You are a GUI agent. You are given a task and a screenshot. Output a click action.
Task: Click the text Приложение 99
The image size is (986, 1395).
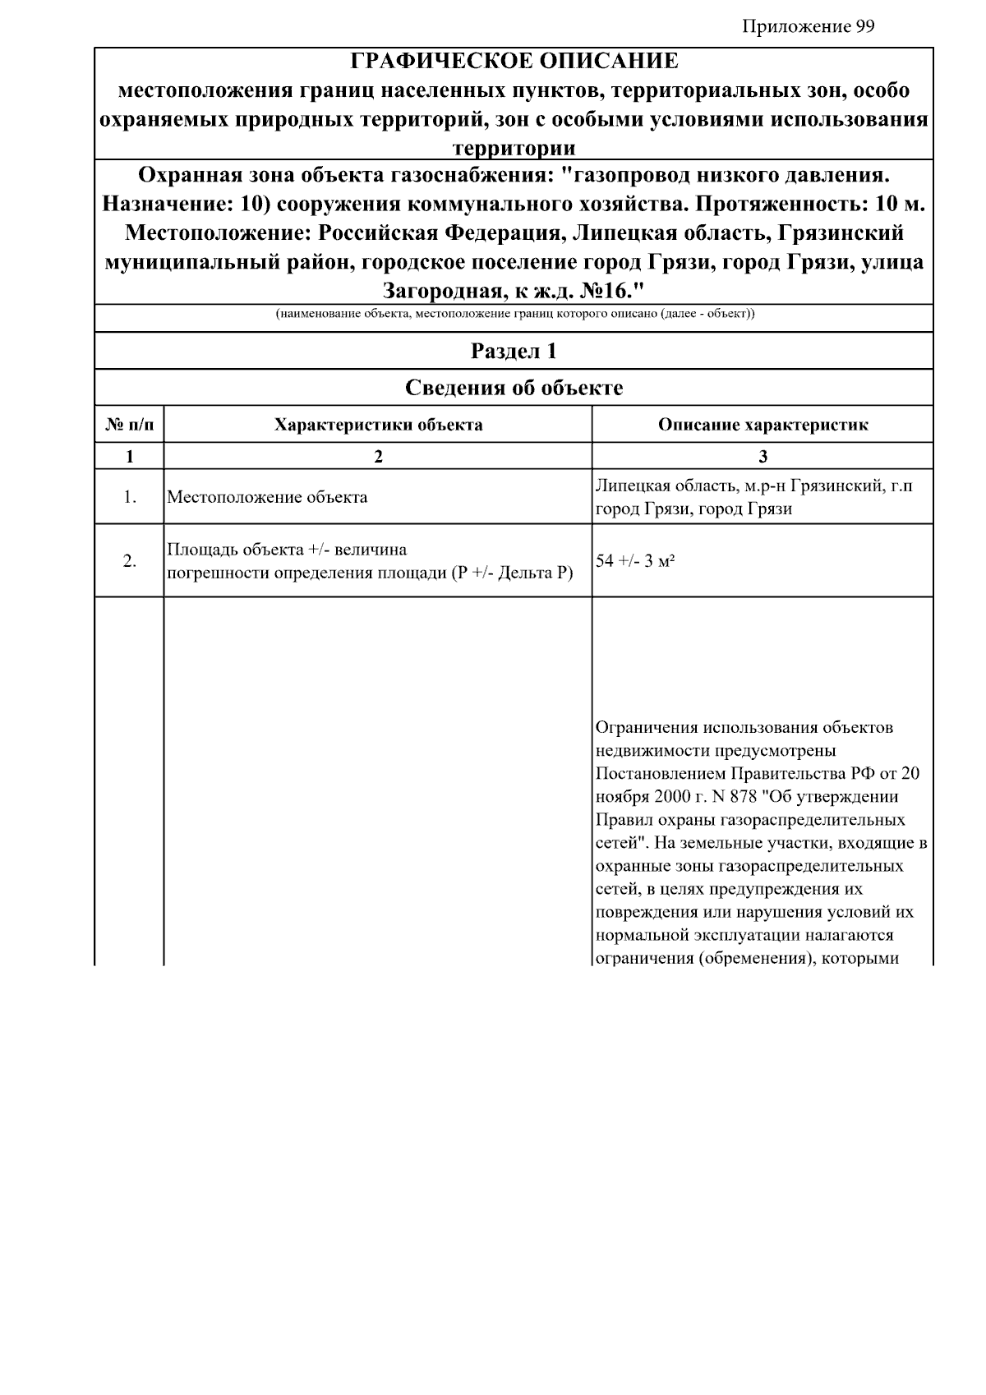[x=808, y=27]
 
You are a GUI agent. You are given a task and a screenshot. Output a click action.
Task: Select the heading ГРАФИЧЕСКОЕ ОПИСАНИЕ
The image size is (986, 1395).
[x=514, y=62]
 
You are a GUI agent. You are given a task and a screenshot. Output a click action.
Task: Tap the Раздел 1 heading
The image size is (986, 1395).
[x=514, y=352]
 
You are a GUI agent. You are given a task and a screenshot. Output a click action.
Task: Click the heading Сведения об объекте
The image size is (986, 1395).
[x=514, y=388]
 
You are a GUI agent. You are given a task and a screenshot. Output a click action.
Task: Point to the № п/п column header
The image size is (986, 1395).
[x=130, y=425]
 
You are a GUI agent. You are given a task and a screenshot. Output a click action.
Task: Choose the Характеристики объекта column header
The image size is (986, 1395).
[x=378, y=425]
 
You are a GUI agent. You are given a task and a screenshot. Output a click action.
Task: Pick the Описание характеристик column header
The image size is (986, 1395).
[x=763, y=425]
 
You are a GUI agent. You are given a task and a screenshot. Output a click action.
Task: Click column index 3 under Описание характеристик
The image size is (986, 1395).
[x=763, y=457]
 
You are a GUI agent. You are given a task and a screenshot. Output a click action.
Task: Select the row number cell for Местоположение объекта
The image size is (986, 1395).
[x=130, y=497]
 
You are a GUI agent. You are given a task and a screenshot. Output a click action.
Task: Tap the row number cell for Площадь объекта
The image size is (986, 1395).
[x=130, y=561]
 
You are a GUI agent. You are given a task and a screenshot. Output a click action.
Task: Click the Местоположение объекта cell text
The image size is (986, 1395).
[x=267, y=497]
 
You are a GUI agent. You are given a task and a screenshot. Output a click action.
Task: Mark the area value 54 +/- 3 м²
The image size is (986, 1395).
[x=635, y=561]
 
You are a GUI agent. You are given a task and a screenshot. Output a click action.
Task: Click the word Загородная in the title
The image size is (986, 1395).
[x=443, y=291]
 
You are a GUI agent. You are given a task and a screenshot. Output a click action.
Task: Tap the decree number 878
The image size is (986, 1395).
[x=744, y=797]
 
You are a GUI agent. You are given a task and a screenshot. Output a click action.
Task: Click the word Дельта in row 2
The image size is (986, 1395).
[x=527, y=573]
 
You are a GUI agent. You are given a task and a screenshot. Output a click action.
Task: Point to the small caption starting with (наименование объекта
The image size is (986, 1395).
[x=514, y=315]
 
